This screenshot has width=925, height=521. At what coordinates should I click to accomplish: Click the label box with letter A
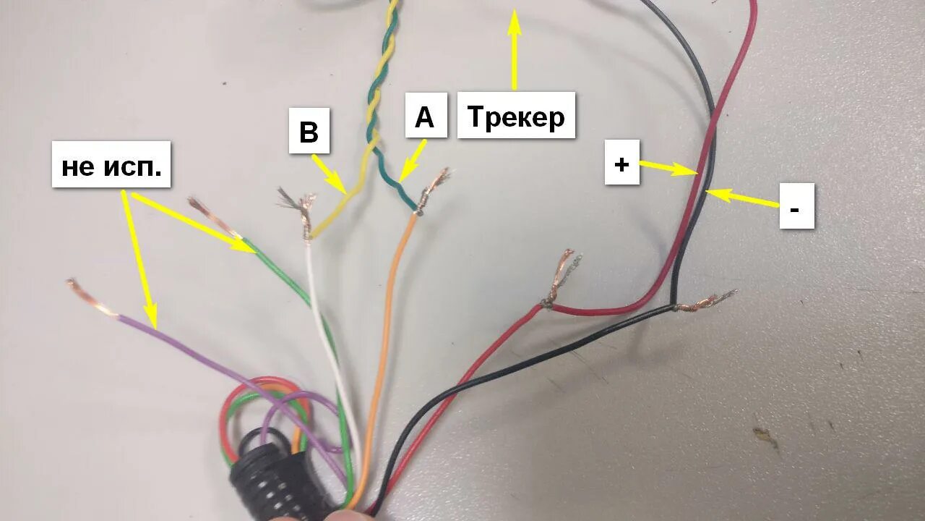pyautogui.click(x=424, y=116)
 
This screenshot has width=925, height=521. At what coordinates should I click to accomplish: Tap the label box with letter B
pyautogui.click(x=309, y=131)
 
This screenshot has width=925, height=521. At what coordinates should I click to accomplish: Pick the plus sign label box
pyautogui.click(x=621, y=163)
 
